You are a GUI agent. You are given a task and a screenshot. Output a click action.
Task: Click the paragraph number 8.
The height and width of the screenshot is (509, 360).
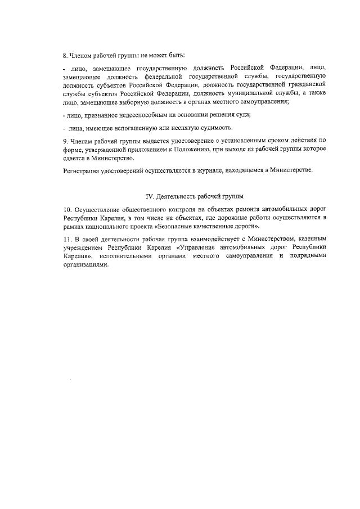[x=64, y=55]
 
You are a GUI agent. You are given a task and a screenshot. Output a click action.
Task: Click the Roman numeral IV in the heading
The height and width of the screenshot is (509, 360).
[x=150, y=197]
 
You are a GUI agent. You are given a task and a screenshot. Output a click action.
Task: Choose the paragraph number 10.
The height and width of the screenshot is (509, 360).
[x=66, y=210]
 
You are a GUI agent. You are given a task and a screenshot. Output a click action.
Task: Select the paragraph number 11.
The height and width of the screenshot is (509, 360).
[x=66, y=240]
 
